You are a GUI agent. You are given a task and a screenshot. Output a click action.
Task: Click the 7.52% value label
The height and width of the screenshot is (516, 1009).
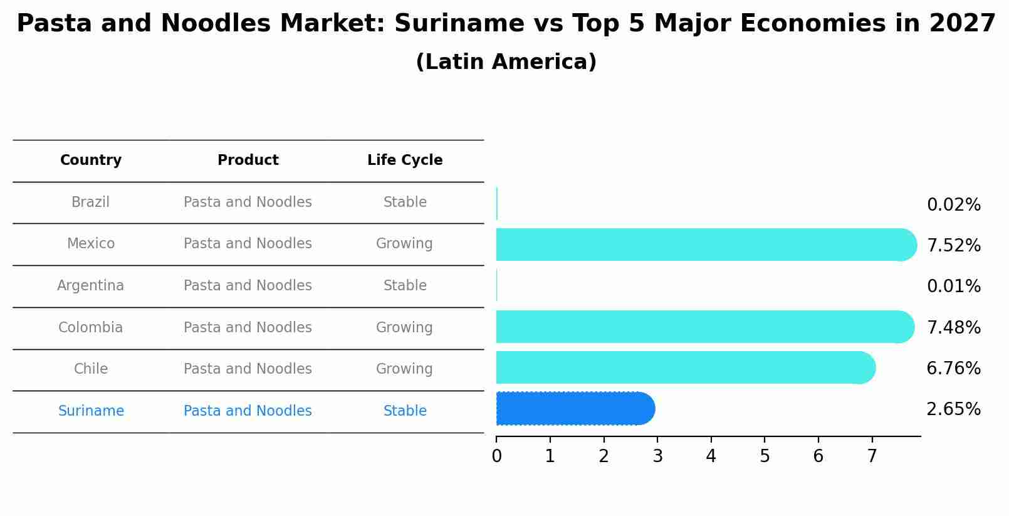[953, 245]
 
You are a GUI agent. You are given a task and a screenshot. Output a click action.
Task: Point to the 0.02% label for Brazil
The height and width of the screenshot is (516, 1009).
[953, 204]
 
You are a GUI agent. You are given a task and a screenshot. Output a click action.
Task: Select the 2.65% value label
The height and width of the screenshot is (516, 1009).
[953, 409]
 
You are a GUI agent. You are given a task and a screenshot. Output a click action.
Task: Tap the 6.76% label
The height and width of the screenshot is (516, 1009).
[953, 368]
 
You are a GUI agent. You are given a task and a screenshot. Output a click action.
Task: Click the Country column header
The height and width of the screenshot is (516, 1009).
[91, 161]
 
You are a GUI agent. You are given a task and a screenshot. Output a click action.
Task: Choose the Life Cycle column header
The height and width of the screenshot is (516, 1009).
[405, 161]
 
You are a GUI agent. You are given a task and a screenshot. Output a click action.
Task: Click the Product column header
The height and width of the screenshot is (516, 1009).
[248, 161]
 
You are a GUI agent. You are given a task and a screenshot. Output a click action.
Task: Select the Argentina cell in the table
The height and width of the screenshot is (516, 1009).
[91, 286]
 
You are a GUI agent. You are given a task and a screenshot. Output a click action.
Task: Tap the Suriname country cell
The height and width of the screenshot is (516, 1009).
[91, 411]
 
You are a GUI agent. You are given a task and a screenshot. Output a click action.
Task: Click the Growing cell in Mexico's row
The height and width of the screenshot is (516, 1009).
[404, 244]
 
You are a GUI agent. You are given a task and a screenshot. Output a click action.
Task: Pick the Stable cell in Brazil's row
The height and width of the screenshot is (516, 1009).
[405, 203]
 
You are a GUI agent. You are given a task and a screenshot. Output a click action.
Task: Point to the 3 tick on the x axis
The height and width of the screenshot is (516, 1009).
[657, 456]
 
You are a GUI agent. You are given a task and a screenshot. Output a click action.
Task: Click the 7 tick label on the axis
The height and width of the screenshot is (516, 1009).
[872, 456]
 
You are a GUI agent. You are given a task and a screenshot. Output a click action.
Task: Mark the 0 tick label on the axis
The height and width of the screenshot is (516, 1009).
[496, 456]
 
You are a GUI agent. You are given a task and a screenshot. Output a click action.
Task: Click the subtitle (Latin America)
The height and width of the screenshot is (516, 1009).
[506, 62]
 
